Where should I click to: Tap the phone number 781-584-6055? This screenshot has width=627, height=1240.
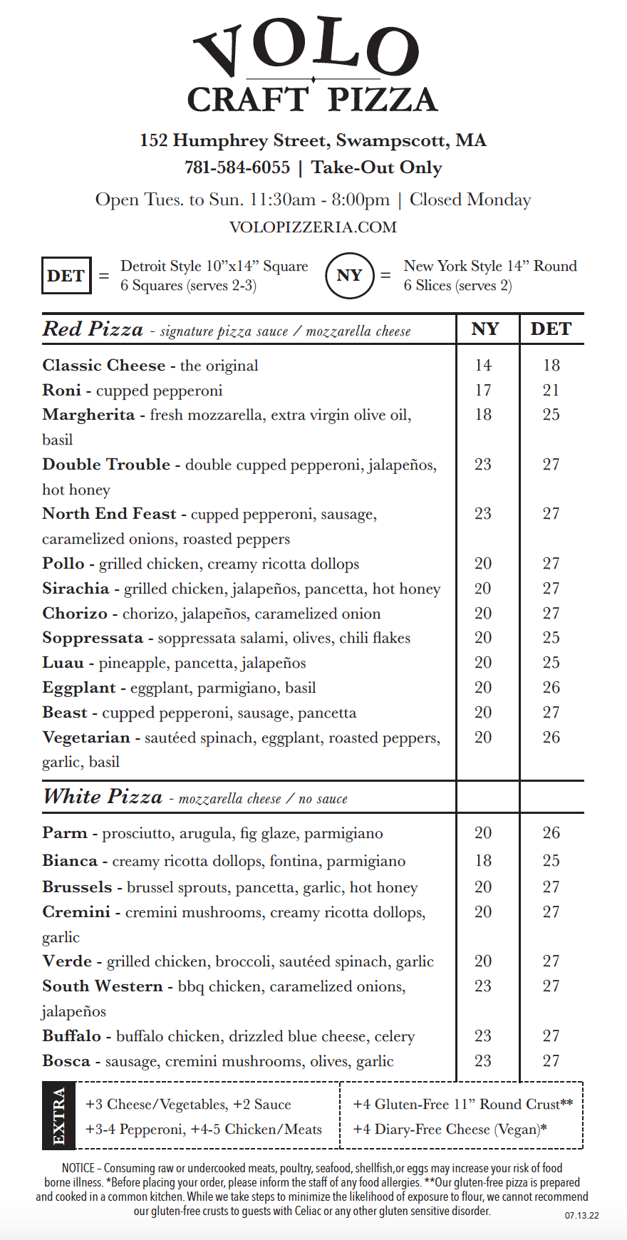(x=237, y=167)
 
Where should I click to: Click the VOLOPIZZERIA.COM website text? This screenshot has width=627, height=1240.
(x=313, y=227)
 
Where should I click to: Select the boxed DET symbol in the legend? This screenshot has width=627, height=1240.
(x=66, y=276)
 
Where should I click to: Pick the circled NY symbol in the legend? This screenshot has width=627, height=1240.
(x=349, y=276)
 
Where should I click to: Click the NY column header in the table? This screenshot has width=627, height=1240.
(x=485, y=329)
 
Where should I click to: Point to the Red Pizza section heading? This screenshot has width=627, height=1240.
(x=93, y=329)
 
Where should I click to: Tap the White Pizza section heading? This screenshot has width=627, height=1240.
(x=103, y=797)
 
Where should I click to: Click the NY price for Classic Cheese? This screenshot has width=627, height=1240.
(x=483, y=366)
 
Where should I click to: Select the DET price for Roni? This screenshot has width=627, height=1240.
(x=551, y=391)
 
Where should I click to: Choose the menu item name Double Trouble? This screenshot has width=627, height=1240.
(x=106, y=465)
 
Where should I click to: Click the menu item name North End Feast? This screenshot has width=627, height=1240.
(x=109, y=514)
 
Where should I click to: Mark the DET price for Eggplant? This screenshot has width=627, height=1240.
(x=551, y=688)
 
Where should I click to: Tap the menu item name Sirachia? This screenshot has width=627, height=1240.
(x=76, y=589)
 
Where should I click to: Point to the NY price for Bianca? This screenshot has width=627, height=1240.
(x=483, y=861)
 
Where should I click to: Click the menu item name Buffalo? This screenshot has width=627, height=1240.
(x=71, y=1036)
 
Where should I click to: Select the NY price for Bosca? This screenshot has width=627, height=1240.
(x=483, y=1061)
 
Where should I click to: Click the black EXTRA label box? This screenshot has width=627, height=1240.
(x=59, y=1116)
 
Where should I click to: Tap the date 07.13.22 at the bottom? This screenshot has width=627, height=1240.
(x=581, y=1216)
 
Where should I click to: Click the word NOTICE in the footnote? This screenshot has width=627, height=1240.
(x=78, y=1168)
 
